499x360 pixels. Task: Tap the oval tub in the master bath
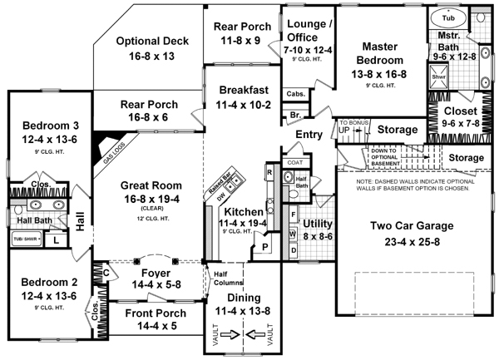[x=448, y=17]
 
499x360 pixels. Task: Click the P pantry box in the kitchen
[x=264, y=247]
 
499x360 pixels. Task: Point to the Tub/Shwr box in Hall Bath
[x=24, y=239]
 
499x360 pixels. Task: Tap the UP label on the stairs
[x=343, y=131]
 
